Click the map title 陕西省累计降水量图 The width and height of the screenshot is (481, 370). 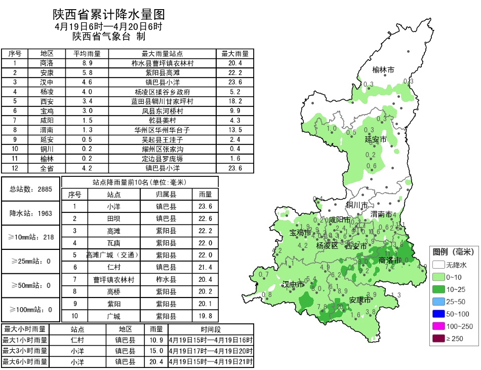tap(109, 14)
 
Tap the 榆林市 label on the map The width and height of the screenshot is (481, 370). tap(383, 70)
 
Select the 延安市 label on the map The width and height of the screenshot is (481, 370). tap(376, 139)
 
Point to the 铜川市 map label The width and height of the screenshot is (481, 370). tap(357, 205)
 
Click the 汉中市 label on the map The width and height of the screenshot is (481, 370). tap(293, 284)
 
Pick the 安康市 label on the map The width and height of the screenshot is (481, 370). tap(360, 300)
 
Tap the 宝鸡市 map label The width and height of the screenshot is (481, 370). tap(300, 233)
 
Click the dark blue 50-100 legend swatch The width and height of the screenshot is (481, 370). tap(438, 314)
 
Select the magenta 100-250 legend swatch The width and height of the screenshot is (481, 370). tap(438, 326)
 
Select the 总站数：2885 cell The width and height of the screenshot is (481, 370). tap(31, 189)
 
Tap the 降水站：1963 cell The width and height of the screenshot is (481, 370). tap(31, 213)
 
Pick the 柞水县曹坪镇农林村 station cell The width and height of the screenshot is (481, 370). tap(162, 63)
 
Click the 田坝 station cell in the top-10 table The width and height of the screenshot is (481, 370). tap(113, 219)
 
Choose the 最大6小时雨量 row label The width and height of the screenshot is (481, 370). tap(25, 362)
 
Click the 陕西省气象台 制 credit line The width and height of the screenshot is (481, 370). tap(109, 36)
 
